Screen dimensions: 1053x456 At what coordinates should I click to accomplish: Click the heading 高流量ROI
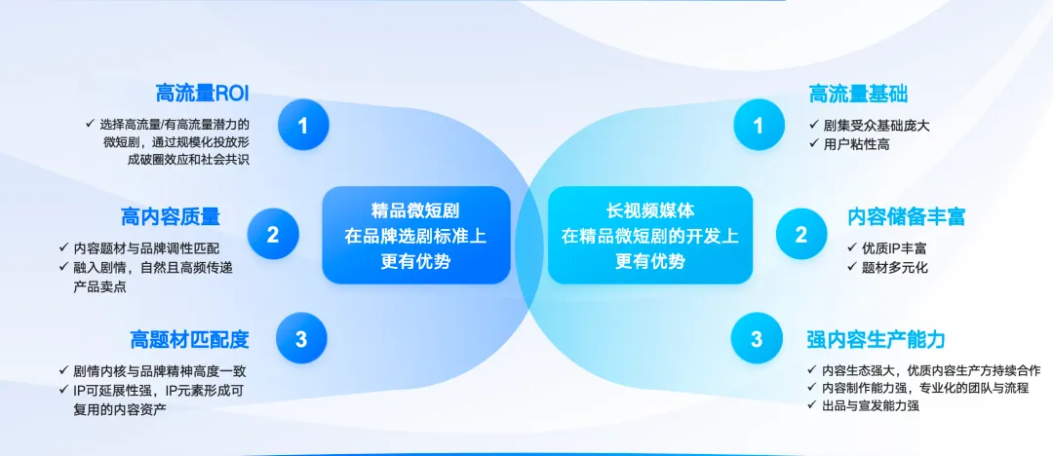(x=202, y=94)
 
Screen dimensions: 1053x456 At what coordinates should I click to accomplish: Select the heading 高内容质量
(x=171, y=217)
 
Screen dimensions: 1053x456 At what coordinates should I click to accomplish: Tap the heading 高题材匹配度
(x=189, y=340)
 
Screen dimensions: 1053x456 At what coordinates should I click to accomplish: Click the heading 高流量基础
(x=858, y=95)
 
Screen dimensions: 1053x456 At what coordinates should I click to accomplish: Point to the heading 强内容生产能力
(x=876, y=339)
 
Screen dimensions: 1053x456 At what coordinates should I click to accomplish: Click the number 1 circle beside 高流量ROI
(x=303, y=125)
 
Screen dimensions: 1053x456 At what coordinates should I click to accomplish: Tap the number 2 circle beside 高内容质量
(x=273, y=235)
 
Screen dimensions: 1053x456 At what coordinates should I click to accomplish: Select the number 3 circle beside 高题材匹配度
(x=301, y=339)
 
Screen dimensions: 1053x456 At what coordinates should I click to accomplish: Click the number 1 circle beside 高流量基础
(x=759, y=125)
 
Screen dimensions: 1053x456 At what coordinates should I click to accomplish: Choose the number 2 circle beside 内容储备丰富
(x=801, y=235)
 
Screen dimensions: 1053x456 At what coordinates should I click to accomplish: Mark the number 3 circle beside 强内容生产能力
(x=757, y=339)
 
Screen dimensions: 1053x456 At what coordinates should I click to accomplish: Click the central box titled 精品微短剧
(x=416, y=235)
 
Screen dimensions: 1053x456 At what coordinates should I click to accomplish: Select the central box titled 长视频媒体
(x=650, y=235)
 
